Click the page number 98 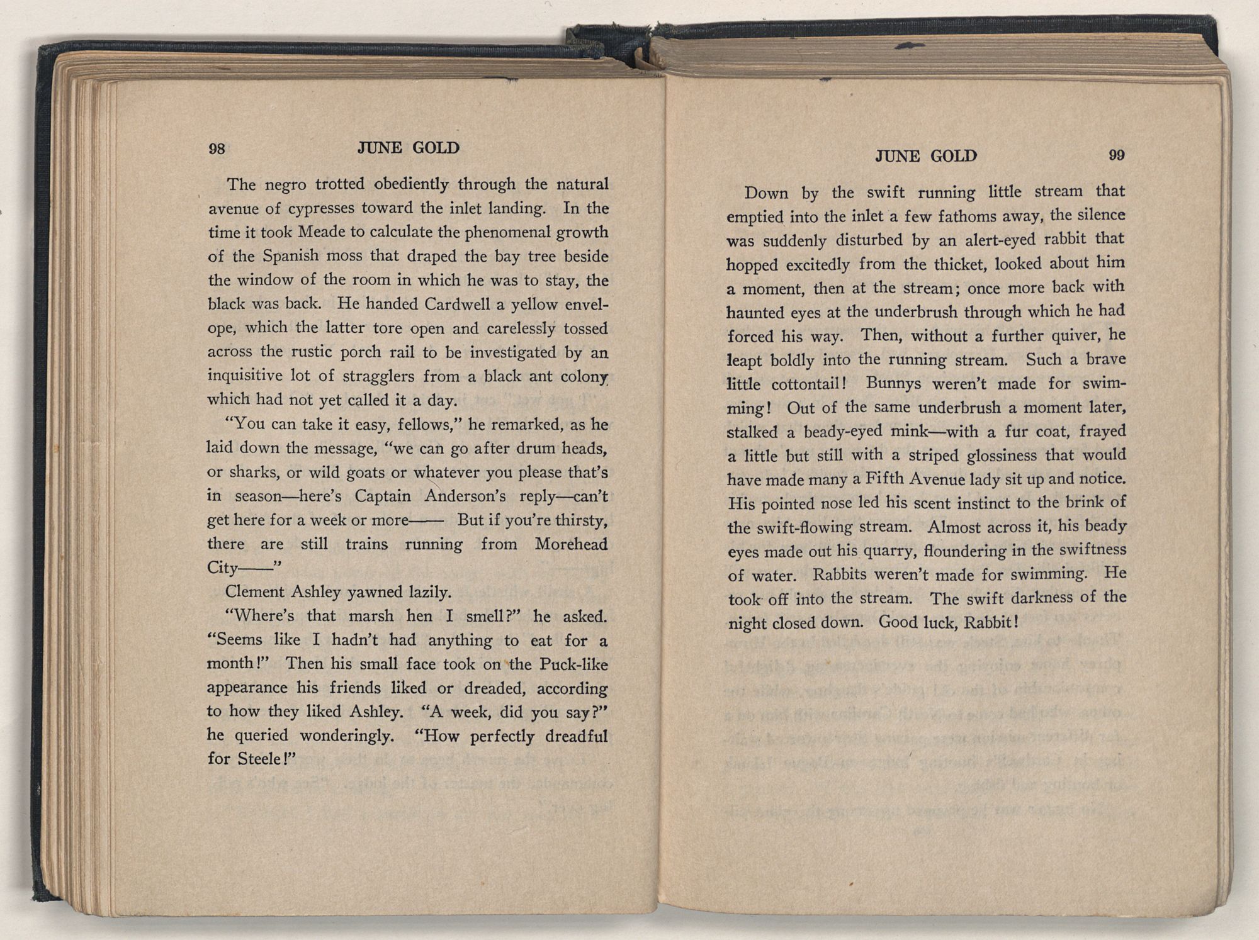tap(217, 148)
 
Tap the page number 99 tap(1117, 155)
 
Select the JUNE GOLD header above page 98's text tap(409, 148)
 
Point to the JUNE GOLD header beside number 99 tap(926, 156)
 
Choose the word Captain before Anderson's tap(383, 496)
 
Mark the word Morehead tap(571, 544)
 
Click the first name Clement tap(254, 592)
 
